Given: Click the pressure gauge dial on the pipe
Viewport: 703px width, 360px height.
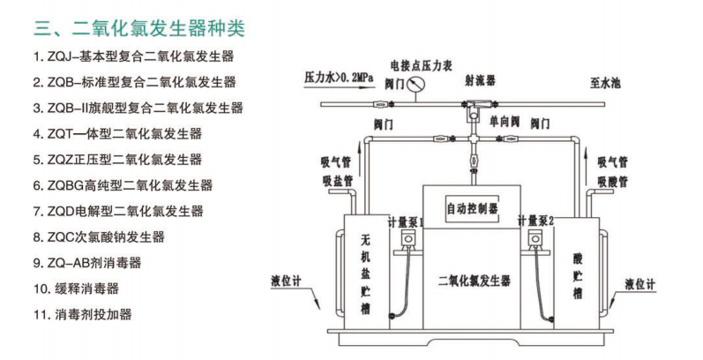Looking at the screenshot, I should (415, 86).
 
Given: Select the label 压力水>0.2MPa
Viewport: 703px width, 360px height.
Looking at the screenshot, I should (340, 78).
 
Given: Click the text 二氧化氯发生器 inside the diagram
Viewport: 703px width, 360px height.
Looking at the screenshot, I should (474, 281).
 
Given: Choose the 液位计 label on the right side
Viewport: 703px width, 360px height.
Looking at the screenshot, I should (639, 284).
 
